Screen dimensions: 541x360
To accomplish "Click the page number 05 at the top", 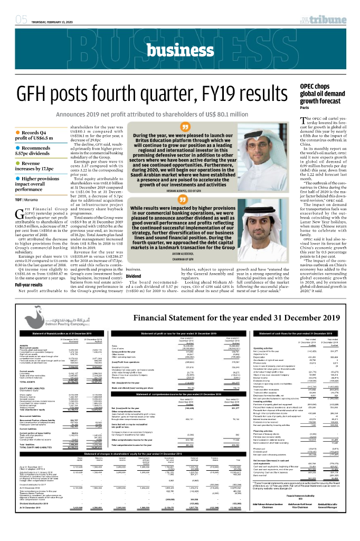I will pos(22,20).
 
